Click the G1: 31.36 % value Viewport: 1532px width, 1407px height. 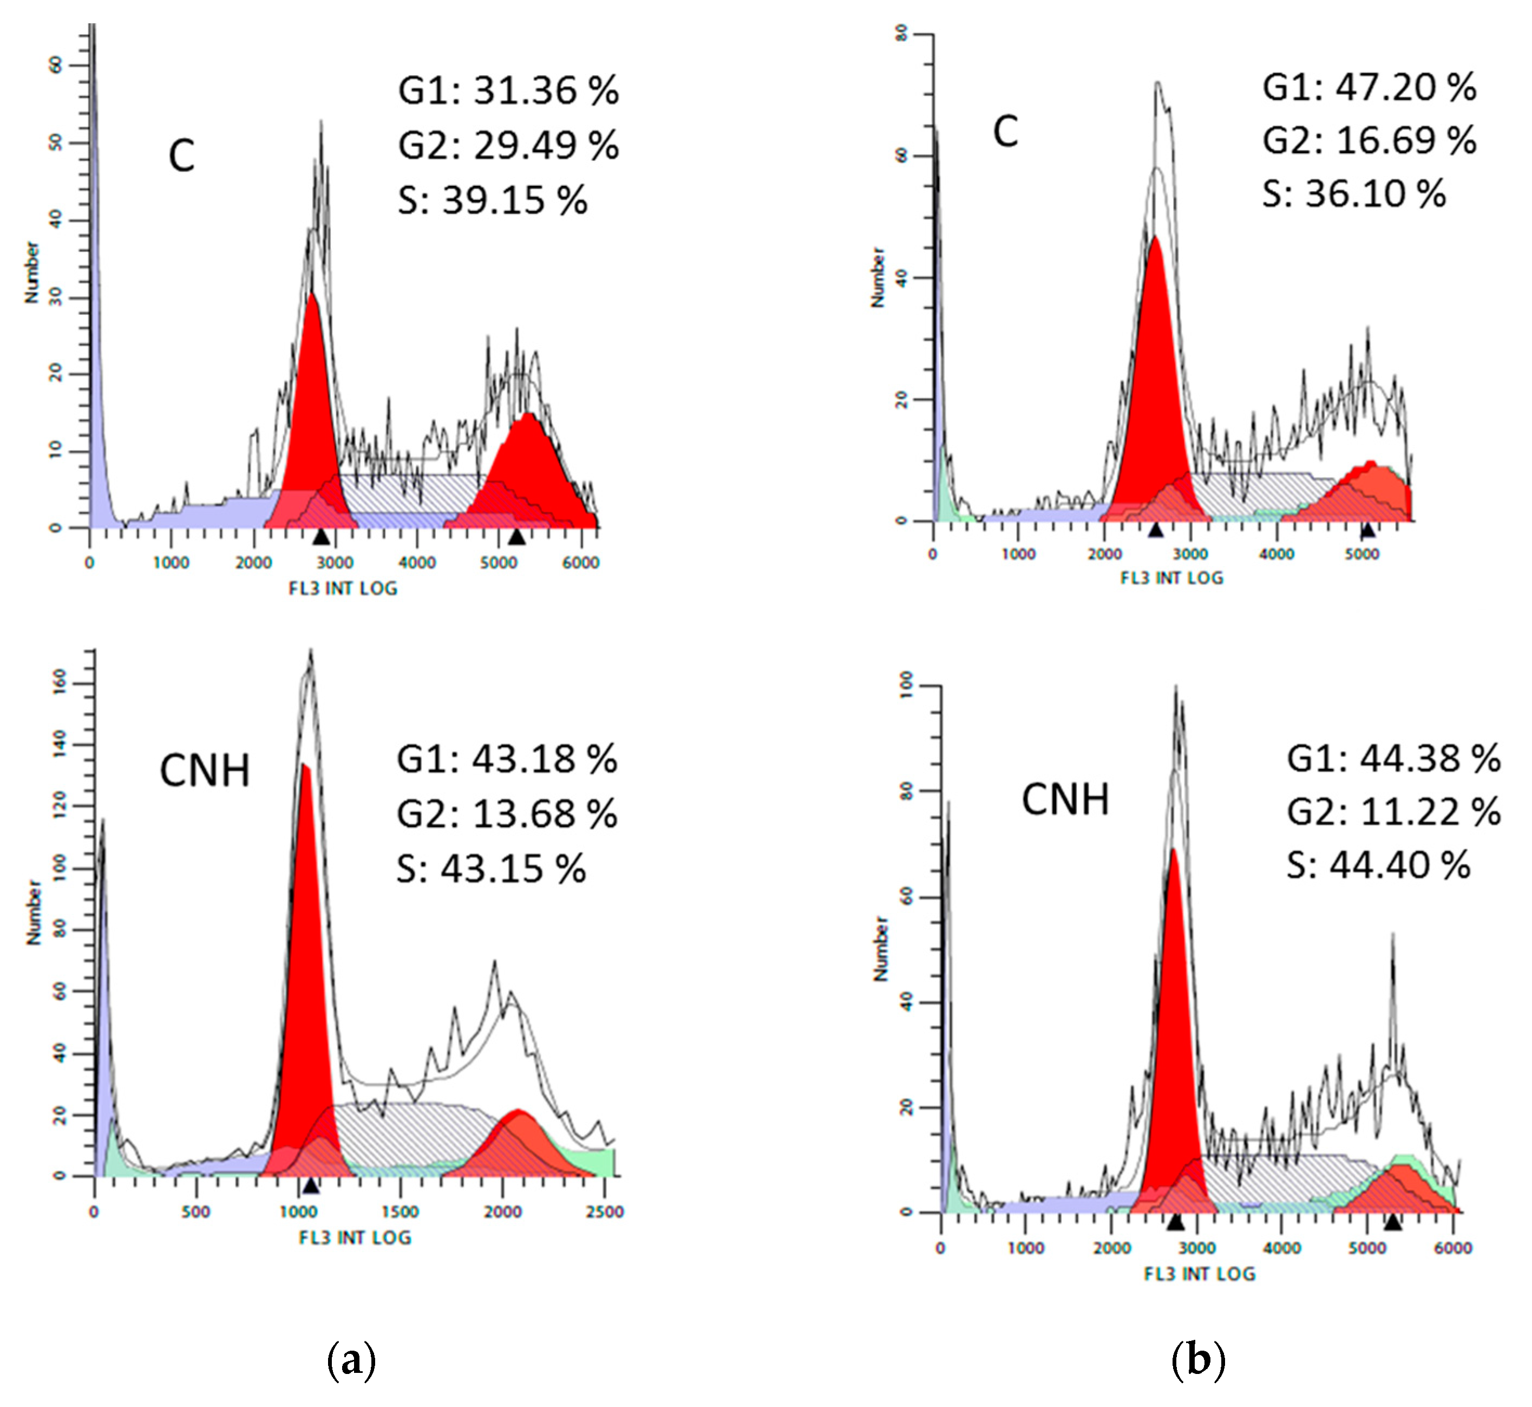click(508, 90)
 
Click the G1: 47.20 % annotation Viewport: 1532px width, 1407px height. click(1369, 88)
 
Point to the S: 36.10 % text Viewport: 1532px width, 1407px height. click(1354, 194)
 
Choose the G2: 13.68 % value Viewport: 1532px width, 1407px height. click(507, 814)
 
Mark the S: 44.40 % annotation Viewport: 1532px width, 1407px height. click(1378, 865)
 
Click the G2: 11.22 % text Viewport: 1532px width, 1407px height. click(1393, 812)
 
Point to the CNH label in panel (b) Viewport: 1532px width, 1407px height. click(1065, 799)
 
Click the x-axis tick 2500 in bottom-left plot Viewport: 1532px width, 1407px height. click(604, 1211)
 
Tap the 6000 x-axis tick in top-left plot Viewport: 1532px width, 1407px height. click(581, 563)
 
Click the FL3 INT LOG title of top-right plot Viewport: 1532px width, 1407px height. click(1171, 578)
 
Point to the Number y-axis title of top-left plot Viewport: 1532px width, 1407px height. click(32, 272)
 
